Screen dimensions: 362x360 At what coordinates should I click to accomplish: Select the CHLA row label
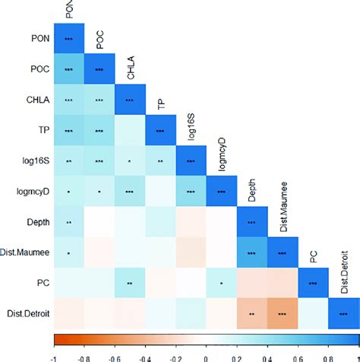coord(36,100)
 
